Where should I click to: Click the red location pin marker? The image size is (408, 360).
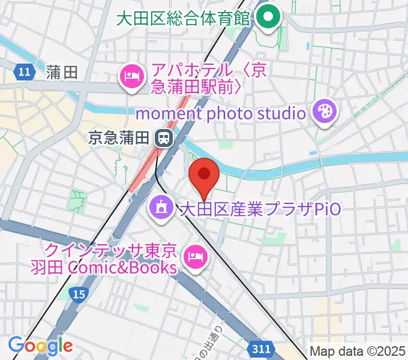click(204, 176)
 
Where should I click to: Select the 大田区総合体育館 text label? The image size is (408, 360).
click(182, 17)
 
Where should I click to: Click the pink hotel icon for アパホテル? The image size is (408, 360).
click(130, 77)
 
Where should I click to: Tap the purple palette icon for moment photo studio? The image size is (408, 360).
click(325, 112)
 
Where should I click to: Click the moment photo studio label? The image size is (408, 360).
click(221, 112)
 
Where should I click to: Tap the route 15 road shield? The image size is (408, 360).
click(77, 293)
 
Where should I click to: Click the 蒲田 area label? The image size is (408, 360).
click(62, 73)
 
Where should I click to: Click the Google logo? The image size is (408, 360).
click(40, 346)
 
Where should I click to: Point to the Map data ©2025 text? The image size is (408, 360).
click(358, 352)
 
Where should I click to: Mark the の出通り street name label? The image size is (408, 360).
click(218, 344)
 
